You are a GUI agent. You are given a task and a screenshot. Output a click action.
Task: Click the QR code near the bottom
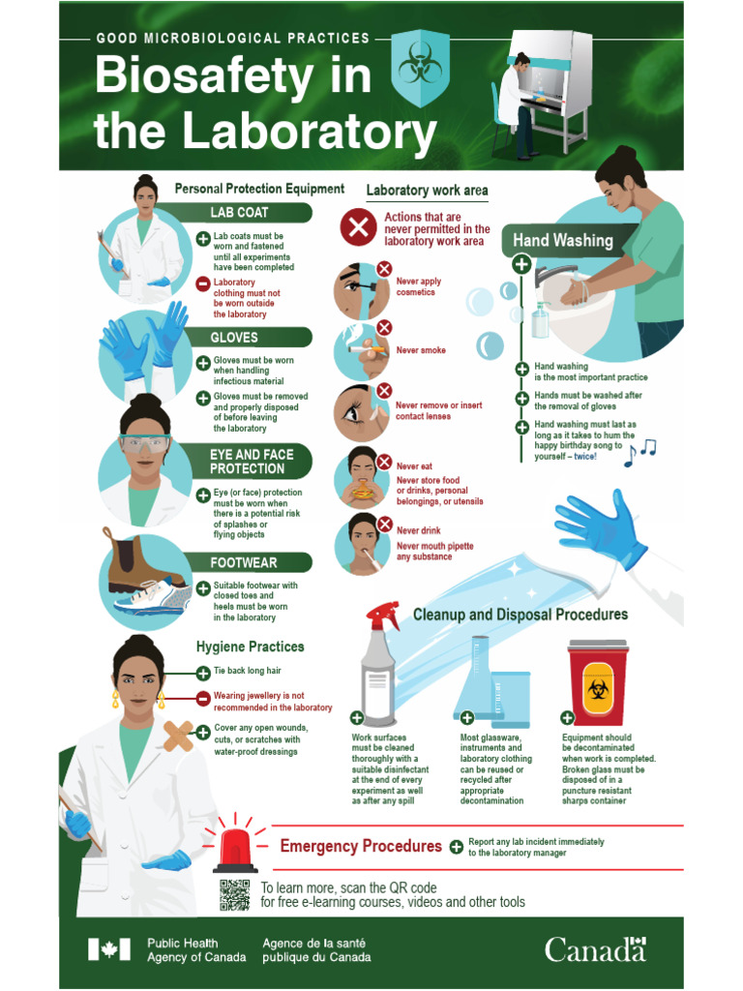pos(234,895)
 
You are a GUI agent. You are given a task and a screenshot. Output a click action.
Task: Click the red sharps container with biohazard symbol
pos(597,682)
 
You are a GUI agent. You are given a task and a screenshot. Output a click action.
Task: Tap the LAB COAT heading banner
pos(252,212)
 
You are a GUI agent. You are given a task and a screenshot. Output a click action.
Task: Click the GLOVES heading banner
pos(252,337)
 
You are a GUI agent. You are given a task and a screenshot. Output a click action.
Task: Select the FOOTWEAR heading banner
pos(252,562)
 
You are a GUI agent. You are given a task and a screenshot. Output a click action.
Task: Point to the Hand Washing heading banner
pos(561,240)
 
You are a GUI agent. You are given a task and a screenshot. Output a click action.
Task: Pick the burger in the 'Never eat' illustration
pos(363,491)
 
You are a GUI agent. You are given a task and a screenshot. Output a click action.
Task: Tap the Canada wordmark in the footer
pos(594,949)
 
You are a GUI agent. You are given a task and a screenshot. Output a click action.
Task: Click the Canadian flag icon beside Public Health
pos(108,949)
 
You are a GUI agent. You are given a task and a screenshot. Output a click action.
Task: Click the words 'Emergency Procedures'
pos(361,847)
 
